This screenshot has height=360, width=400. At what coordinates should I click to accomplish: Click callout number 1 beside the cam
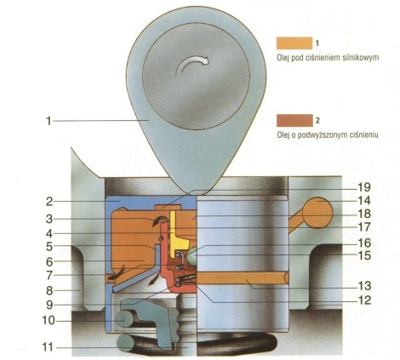[49, 121]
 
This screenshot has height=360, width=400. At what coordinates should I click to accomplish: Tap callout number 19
[364, 187]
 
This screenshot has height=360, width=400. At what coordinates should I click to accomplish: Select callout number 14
[364, 201]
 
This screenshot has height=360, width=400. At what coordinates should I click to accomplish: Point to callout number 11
[48, 347]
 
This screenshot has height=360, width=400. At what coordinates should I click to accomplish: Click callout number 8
[49, 291]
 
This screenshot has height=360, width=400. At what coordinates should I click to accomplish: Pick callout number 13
[364, 286]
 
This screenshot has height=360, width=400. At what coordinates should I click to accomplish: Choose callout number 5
[49, 247]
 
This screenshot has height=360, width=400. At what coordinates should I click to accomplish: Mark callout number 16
[364, 243]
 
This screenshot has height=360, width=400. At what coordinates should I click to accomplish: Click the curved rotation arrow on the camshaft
[192, 64]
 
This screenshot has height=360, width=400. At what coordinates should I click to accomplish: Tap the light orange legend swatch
[294, 43]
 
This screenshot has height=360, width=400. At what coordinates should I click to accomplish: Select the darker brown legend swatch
[294, 120]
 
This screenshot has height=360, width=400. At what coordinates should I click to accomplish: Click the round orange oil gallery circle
[317, 213]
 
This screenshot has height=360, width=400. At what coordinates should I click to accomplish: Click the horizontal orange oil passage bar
[243, 277]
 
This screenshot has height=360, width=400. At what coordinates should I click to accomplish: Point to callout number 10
[49, 321]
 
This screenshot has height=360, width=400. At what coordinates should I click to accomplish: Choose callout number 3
[49, 219]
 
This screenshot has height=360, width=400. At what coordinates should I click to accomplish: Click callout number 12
[364, 300]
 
